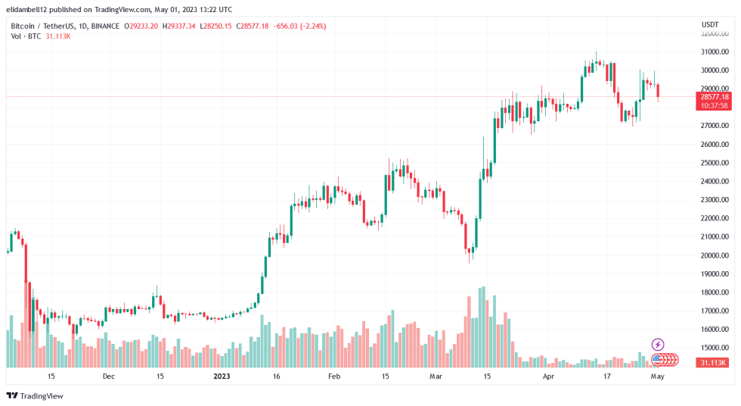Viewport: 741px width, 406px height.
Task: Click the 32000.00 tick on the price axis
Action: [x=715, y=33]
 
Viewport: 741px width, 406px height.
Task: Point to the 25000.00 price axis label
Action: [x=715, y=163]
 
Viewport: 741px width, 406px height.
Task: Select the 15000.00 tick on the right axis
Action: [x=715, y=348]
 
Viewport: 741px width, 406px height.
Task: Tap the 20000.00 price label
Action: [x=715, y=255]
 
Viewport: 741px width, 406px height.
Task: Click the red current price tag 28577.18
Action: [x=715, y=97]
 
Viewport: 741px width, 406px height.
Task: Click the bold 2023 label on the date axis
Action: [x=222, y=376]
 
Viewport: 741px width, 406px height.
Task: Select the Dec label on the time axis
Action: [x=108, y=376]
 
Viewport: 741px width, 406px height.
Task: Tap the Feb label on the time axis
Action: [x=333, y=376]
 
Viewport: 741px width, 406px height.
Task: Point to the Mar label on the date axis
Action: [x=436, y=376]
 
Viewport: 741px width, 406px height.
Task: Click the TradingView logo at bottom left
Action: [x=36, y=395]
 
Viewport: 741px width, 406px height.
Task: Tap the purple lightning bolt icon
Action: [x=657, y=345]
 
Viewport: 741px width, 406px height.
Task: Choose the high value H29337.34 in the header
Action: [x=179, y=26]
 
